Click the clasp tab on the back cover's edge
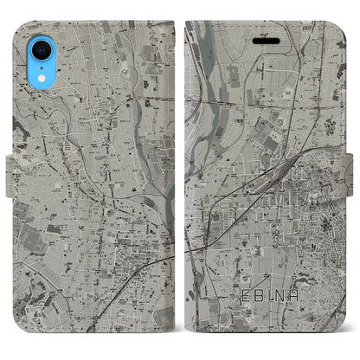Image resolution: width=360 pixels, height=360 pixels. tap(11, 180)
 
